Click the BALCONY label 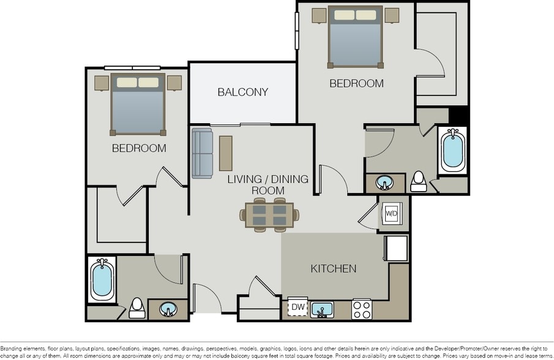click(243, 92)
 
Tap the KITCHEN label click(334, 268)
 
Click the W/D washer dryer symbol click(392, 214)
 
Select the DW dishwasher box click(298, 307)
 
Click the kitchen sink click(322, 309)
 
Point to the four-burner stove click(361, 309)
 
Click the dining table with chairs click(270, 215)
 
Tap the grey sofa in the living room click(201, 152)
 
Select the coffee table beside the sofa click(226, 153)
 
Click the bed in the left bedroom click(138, 103)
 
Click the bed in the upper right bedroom click(356, 37)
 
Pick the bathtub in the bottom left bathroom click(102, 279)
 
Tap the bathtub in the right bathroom click(453, 149)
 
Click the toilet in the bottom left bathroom click(137, 307)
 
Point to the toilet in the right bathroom click(419, 181)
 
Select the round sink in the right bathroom click(385, 182)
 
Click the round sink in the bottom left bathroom click(168, 309)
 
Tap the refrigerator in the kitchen click(396, 248)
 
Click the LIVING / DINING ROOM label click(268, 185)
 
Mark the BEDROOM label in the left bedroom click(139, 148)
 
